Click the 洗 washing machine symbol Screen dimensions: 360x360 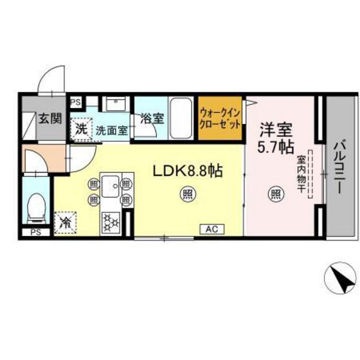pos(81,128)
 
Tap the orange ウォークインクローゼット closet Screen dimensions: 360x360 pos(220,117)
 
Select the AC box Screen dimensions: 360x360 pos(212,228)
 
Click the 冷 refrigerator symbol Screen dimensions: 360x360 pos(66,223)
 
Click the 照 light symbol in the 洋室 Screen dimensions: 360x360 pos(275,192)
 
